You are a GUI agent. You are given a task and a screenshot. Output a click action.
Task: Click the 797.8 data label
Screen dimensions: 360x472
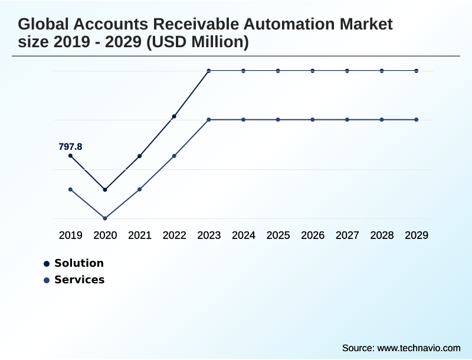click(70, 146)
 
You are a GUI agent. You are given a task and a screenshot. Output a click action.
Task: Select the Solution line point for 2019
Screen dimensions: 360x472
click(70, 156)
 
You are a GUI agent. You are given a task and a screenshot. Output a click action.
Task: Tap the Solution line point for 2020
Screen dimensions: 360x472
click(105, 189)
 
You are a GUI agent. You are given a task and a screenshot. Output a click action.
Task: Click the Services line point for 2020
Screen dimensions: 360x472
click(105, 218)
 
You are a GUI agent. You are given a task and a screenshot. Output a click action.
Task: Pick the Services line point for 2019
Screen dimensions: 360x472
click(70, 189)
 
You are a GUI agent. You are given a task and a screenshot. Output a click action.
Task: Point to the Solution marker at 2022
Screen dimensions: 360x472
click(174, 116)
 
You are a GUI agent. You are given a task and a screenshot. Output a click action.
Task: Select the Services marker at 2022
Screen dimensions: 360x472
click(174, 156)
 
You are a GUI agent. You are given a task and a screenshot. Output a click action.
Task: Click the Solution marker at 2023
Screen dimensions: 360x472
click(209, 71)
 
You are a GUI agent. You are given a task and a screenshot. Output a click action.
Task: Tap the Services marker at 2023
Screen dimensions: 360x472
click(209, 120)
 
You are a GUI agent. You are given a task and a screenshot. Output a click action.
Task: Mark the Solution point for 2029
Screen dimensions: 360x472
click(417, 71)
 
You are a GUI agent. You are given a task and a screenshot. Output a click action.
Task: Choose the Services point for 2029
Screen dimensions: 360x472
click(417, 120)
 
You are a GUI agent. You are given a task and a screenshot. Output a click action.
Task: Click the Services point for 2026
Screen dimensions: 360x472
click(313, 120)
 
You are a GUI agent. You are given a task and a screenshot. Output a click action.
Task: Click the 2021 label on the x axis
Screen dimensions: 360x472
click(140, 235)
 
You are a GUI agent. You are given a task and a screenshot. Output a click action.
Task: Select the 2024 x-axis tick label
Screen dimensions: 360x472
click(243, 235)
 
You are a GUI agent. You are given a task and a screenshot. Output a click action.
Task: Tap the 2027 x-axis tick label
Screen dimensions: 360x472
click(347, 235)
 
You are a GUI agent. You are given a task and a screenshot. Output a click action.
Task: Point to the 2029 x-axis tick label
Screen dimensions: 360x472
click(417, 235)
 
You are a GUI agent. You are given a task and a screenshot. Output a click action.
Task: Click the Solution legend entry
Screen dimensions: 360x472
click(78, 263)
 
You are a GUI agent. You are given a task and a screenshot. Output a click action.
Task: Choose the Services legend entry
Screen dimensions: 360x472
click(79, 280)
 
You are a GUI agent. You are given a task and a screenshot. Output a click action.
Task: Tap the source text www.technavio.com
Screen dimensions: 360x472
click(418, 348)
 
